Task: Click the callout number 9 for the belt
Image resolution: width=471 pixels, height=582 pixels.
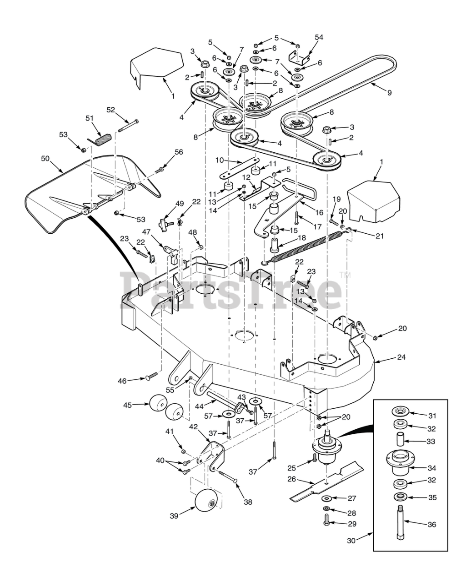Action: tap(389, 93)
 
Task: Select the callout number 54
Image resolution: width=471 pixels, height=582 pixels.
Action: tap(319, 37)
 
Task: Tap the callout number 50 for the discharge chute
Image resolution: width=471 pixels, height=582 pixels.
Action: tap(45, 159)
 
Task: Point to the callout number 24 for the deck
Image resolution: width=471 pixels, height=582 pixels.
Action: tap(401, 357)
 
